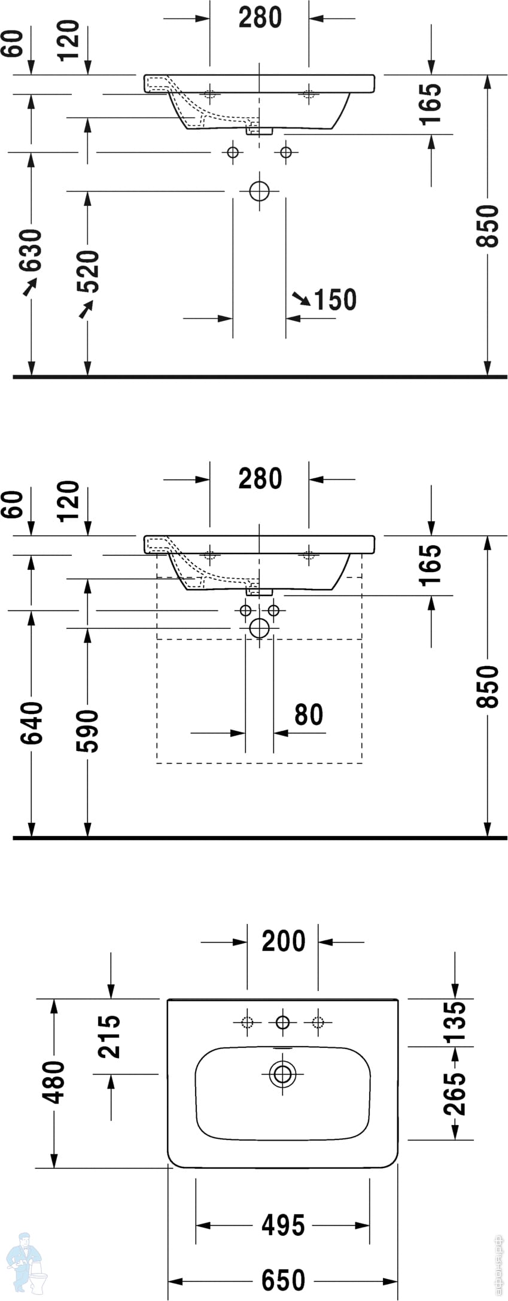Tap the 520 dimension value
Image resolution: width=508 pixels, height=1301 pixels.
click(x=89, y=270)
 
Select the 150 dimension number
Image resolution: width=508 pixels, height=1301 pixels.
click(x=335, y=300)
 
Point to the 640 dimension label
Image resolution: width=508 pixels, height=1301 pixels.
click(x=32, y=723)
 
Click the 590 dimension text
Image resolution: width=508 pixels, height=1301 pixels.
click(x=88, y=730)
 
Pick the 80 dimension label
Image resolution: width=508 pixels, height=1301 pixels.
click(x=309, y=715)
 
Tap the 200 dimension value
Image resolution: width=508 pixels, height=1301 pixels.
click(x=284, y=941)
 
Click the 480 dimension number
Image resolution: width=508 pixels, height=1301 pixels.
click(x=54, y=1082)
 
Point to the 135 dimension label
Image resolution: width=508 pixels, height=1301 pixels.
click(x=455, y=1023)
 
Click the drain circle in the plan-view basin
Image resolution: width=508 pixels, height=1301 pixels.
click(x=282, y=1074)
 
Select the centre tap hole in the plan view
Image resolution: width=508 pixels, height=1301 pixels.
click(x=282, y=1022)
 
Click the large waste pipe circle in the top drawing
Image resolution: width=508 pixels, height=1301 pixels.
click(x=260, y=191)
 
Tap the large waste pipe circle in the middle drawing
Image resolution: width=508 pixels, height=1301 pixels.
click(x=260, y=628)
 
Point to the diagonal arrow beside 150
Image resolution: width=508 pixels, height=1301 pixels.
click(x=301, y=298)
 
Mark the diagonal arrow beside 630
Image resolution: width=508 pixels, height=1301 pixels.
click(x=29, y=288)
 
